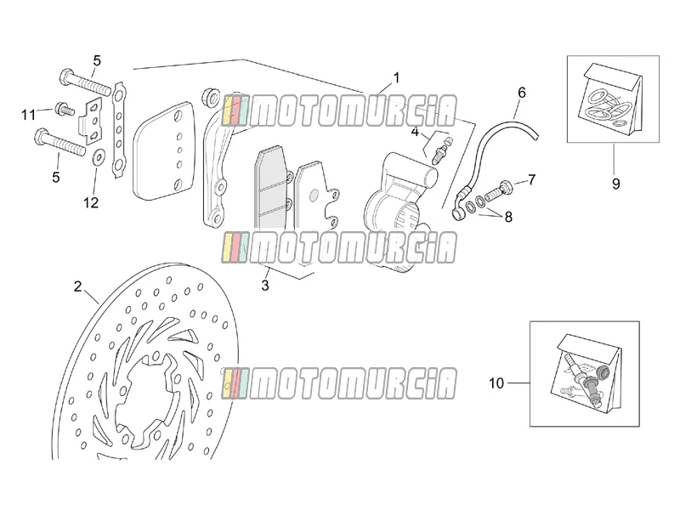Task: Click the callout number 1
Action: pos(395,78)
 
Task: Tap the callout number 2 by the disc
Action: pos(77,286)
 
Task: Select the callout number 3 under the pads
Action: pos(265,286)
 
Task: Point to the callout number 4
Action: pos(415,132)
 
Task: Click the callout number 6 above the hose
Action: pos(522,93)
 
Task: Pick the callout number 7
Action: pos(531,179)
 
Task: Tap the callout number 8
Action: pos(508,217)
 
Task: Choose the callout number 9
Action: pos(615,184)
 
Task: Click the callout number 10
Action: pos(496,383)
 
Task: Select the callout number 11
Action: pos(29,115)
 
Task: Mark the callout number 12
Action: pos(91,202)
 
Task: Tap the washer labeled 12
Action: pos(99,156)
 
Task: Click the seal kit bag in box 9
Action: pos(612,98)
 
